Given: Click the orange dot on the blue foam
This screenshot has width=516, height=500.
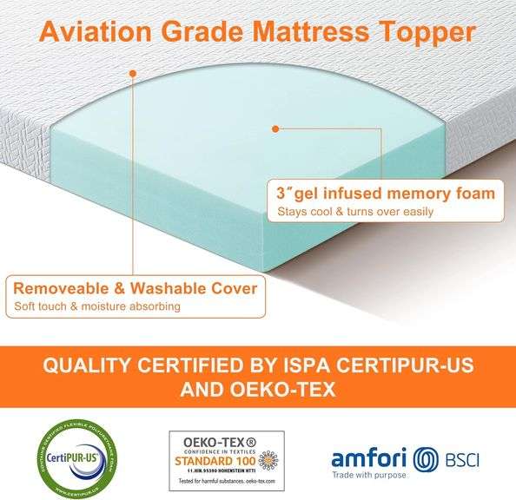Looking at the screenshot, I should pyautogui.click(x=275, y=129).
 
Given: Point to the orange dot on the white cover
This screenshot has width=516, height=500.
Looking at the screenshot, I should pyautogui.click(x=132, y=74).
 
